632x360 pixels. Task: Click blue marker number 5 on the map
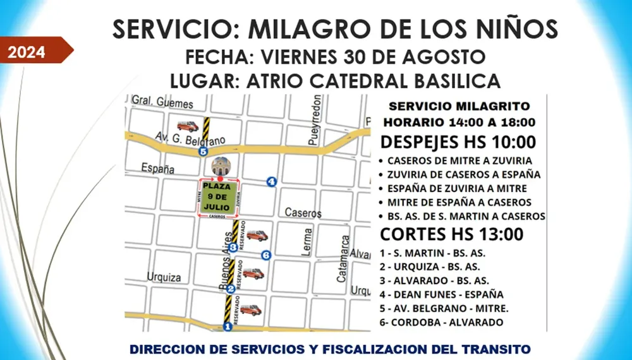pyautogui.click(x=203, y=152)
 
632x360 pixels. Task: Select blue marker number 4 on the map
pyautogui.click(x=272, y=182)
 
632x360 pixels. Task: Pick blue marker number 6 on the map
pyautogui.click(x=265, y=255)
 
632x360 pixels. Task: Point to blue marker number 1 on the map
pyautogui.click(x=228, y=327)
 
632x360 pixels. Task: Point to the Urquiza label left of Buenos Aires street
pyautogui.click(x=164, y=277)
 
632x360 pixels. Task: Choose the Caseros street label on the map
pyautogui.click(x=303, y=213)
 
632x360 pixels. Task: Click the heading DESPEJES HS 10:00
pyautogui.click(x=458, y=141)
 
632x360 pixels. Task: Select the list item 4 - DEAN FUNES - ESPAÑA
pyautogui.click(x=442, y=294)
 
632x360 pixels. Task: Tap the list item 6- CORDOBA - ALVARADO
pyautogui.click(x=442, y=322)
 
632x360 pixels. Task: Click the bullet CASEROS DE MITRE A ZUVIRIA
pyautogui.click(x=459, y=160)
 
